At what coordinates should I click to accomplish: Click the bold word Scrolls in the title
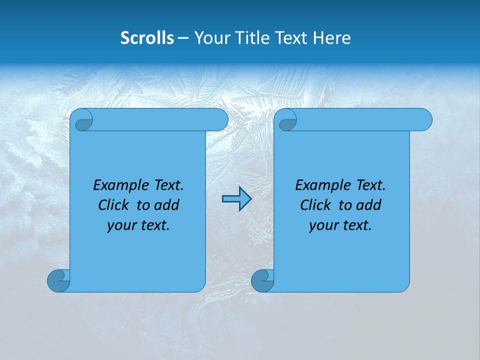coord(147,38)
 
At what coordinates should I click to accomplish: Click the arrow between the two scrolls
coord(236,199)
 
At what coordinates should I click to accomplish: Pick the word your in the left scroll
coord(121,225)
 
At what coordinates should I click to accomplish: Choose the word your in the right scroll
coord(323,225)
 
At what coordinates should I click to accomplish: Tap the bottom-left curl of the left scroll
coord(58,280)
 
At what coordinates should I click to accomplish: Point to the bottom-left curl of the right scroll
coord(262,280)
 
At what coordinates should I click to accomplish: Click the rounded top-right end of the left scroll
coord(220,119)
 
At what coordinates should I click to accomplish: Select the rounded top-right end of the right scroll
coord(424,119)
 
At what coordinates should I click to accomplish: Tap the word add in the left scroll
coord(167,205)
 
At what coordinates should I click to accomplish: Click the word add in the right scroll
coord(369,205)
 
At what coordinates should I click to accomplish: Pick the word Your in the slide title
coord(210,38)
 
